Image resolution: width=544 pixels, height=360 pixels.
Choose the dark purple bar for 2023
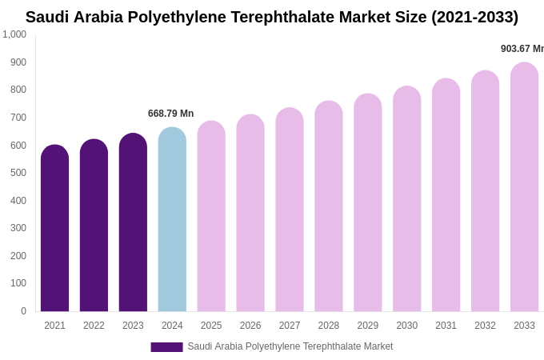(x=133, y=223)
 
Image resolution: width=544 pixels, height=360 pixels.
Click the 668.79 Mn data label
(x=170, y=114)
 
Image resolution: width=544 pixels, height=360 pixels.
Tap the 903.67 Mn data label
(x=522, y=49)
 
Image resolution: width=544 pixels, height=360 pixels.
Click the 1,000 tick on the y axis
(x=14, y=34)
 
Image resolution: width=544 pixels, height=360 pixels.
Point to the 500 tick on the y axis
(x=18, y=173)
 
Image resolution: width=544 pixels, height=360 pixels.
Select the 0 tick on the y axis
(x=23, y=311)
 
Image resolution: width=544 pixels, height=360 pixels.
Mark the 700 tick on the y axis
(x=18, y=118)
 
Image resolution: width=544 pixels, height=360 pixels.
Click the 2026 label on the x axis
(x=250, y=326)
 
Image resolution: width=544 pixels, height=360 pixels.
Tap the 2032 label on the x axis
(x=485, y=326)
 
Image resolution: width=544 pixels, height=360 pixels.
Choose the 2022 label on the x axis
(x=94, y=326)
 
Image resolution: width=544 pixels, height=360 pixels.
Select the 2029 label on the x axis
(x=367, y=326)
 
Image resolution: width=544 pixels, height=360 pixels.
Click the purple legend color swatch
(x=166, y=347)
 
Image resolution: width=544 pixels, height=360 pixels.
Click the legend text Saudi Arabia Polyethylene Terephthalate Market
(x=290, y=346)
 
